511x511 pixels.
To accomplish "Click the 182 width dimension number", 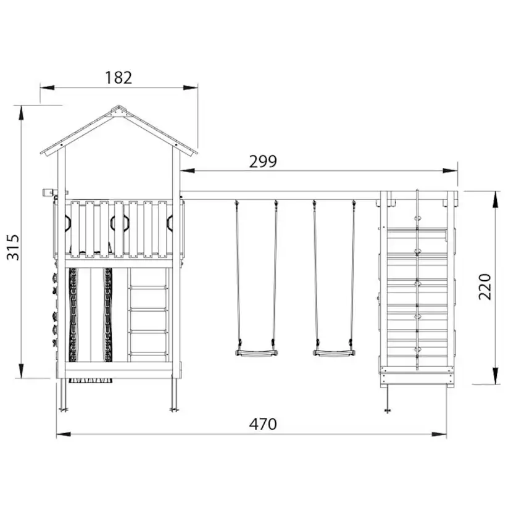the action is coord(118,78).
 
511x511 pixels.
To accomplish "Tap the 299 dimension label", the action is coord(263,161).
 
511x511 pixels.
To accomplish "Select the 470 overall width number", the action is coord(263,424).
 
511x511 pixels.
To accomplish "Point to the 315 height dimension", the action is coord(14,247).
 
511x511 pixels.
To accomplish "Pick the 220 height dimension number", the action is coord(485,287).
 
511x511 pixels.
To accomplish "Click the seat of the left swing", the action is coord(257,353).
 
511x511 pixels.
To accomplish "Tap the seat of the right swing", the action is coord(334,353).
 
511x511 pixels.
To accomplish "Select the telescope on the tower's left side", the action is coord(48,193).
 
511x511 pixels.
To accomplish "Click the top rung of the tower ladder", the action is coord(148,288).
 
